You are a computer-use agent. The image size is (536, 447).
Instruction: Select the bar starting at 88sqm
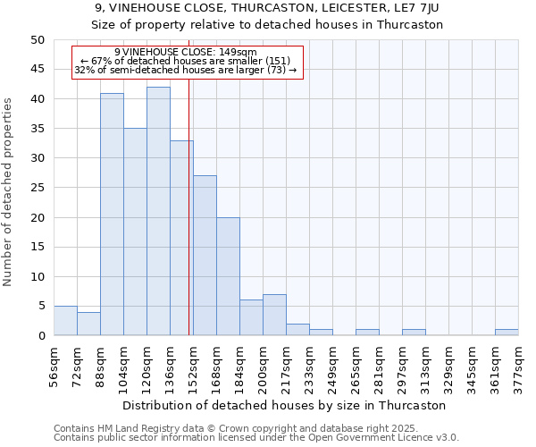pos(112,215)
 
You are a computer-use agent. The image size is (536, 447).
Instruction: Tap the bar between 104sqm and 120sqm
pos(135,232)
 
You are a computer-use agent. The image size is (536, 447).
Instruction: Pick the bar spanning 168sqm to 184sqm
pos(228,276)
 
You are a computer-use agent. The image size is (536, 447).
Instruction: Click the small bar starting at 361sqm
pos(507,333)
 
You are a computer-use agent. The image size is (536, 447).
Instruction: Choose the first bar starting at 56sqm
pos(65,321)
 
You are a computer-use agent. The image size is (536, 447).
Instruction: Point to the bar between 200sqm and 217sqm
pos(274,315)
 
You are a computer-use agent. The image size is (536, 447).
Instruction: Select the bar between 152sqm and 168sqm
pos(205,256)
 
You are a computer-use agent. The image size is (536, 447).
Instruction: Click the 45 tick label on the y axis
pos(37,70)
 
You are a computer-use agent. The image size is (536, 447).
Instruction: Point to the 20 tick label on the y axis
pos(37,217)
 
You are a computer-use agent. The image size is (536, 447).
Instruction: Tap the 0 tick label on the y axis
pos(40,336)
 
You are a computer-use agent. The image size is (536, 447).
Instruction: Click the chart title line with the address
pos(267,8)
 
